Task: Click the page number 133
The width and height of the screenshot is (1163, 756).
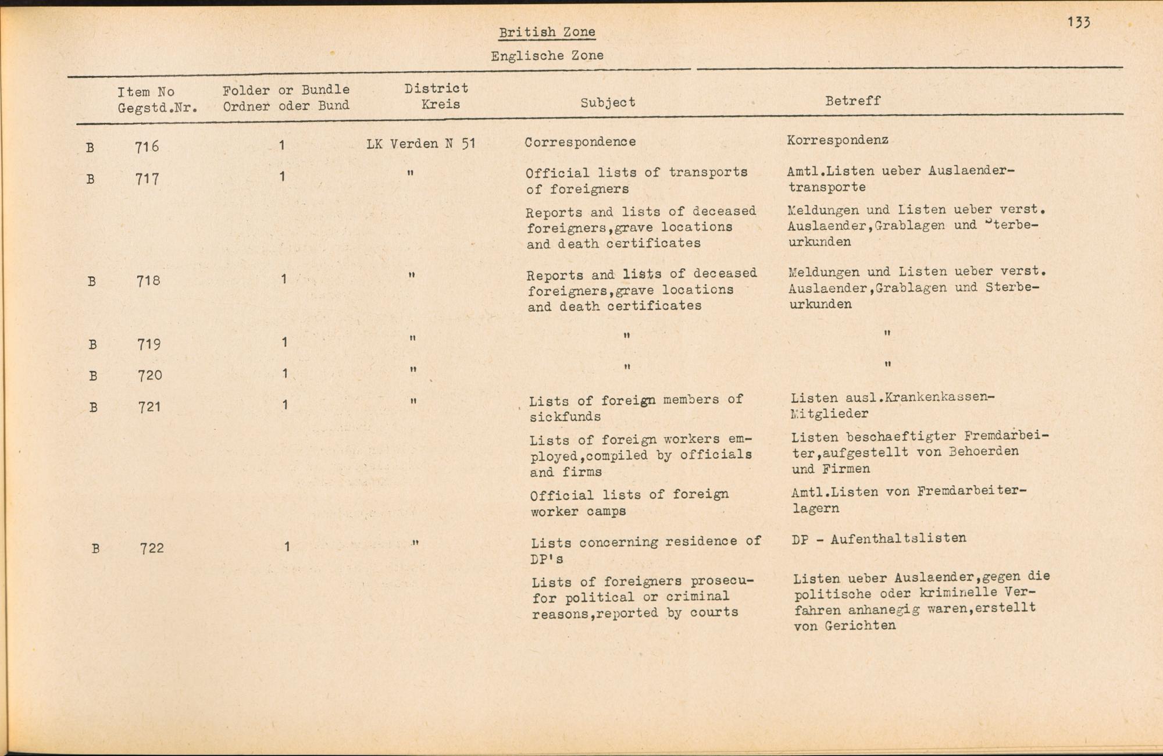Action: pyautogui.click(x=1078, y=22)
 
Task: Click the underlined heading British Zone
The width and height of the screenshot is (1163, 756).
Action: pyautogui.click(x=547, y=32)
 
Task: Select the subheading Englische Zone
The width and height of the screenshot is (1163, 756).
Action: pyautogui.click(x=547, y=56)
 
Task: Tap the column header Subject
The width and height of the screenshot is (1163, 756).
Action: pyautogui.click(x=608, y=102)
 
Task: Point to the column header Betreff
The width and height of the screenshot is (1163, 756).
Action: pyautogui.click(x=852, y=101)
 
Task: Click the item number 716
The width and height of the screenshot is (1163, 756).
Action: pyautogui.click(x=147, y=147)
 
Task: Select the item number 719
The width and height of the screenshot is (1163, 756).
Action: pyautogui.click(x=149, y=344)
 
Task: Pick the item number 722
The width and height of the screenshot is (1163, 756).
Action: pyautogui.click(x=152, y=548)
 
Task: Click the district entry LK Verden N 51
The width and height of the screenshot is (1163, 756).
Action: pyautogui.click(x=421, y=143)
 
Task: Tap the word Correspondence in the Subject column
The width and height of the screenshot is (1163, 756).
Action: pyautogui.click(x=580, y=142)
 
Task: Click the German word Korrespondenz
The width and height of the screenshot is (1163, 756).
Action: pyautogui.click(x=837, y=140)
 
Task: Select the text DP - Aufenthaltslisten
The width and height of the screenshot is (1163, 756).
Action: pyautogui.click(x=879, y=539)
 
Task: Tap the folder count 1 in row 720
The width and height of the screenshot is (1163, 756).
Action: pyautogui.click(x=285, y=373)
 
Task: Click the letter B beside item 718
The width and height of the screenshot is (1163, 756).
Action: pyautogui.click(x=91, y=281)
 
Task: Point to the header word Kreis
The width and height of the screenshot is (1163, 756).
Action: pyautogui.click(x=440, y=105)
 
